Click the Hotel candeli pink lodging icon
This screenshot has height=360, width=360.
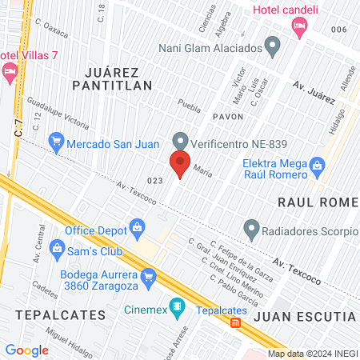pos(300,28)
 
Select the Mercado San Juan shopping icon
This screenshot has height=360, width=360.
pos(56,145)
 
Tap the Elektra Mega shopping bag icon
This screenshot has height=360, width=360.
pos(318,168)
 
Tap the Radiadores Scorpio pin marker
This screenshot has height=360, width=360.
pos(251,232)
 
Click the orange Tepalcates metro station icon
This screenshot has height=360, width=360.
pos(235,323)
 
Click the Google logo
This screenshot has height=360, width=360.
pos(27,350)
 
